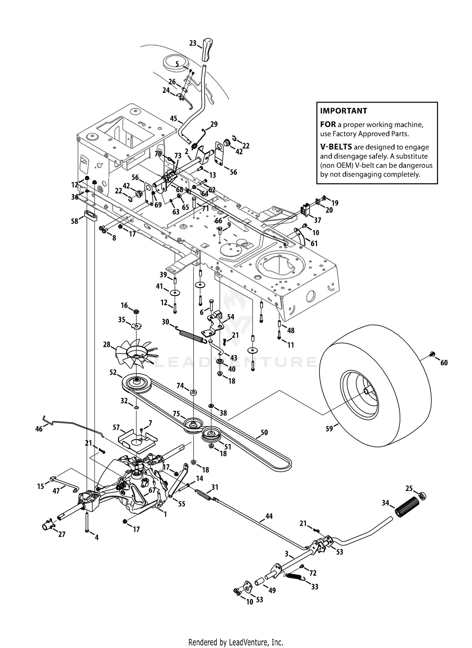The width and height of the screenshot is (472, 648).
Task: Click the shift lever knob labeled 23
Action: (208, 49)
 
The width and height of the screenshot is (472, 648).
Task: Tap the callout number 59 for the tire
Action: (329, 428)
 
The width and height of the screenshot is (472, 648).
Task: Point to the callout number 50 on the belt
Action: (264, 432)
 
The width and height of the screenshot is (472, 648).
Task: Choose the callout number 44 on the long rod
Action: (269, 516)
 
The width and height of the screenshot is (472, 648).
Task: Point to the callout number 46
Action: (39, 429)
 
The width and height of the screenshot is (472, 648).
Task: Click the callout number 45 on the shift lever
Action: (173, 119)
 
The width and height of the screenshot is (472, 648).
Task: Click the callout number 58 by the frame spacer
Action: (75, 221)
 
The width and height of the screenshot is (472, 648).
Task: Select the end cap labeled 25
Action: (422, 496)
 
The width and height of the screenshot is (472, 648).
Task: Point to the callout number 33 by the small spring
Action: (315, 587)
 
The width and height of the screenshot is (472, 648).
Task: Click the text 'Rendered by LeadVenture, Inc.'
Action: (236, 642)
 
